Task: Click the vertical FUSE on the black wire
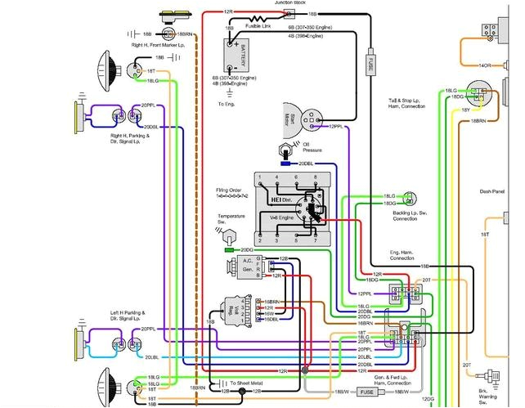[370, 61]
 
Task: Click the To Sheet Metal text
[251, 382]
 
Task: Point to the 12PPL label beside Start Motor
[336, 128]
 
